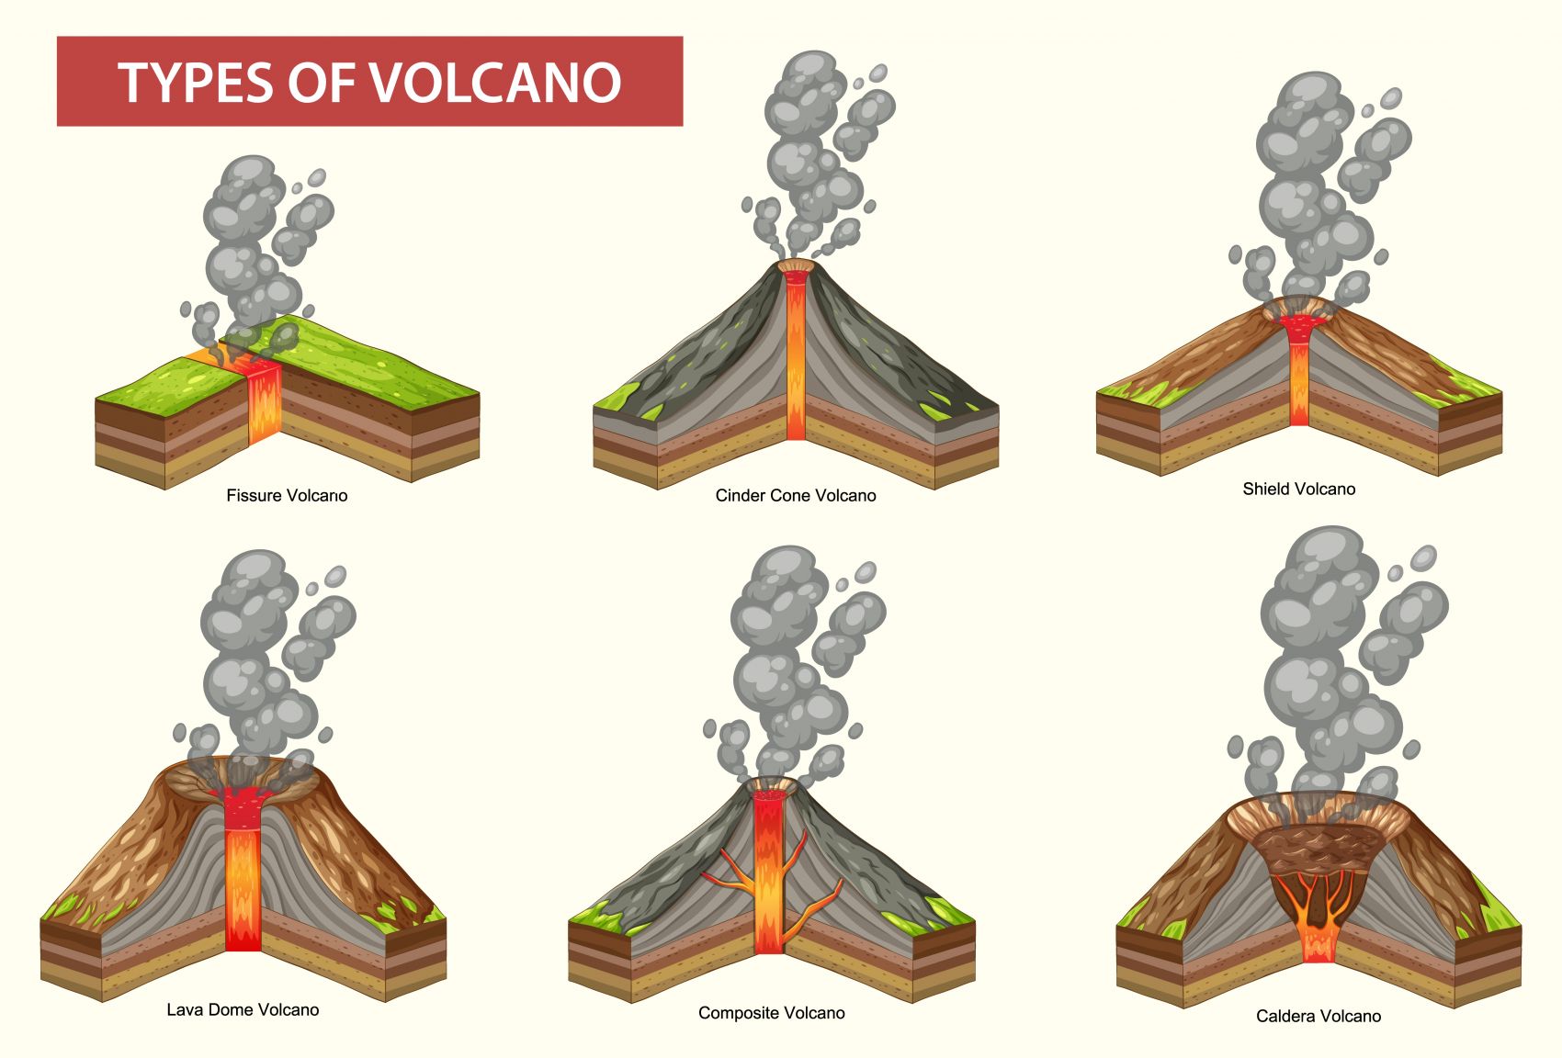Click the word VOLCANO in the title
coord(496,82)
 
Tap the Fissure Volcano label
coord(287,496)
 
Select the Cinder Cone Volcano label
coord(796,496)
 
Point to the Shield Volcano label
coord(1298,490)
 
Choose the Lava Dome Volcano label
coord(243,1010)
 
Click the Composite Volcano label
coord(771,1013)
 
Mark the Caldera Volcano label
coord(1318,1017)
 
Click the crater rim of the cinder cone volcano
coord(796,266)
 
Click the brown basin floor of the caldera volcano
coord(1318,845)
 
